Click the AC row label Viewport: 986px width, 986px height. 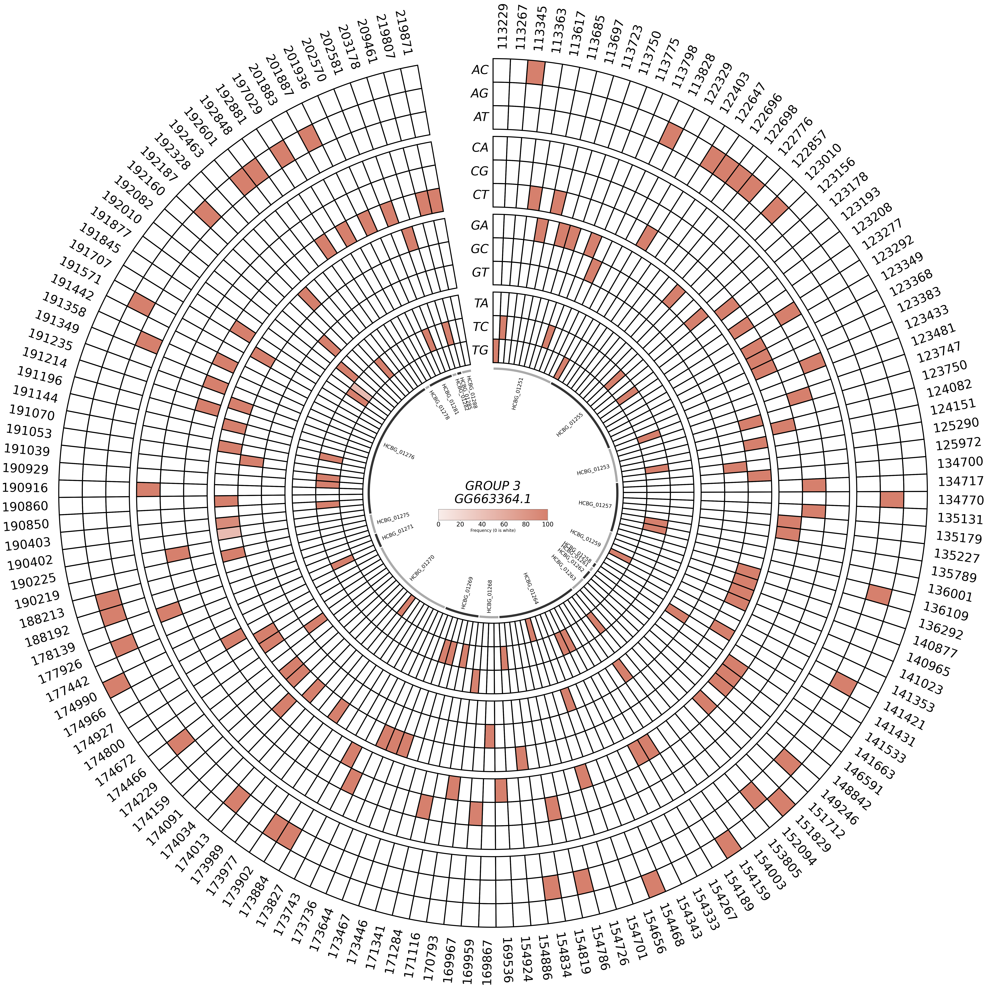(480, 70)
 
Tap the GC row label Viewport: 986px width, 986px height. (480, 249)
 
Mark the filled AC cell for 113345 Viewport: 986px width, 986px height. (535, 72)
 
